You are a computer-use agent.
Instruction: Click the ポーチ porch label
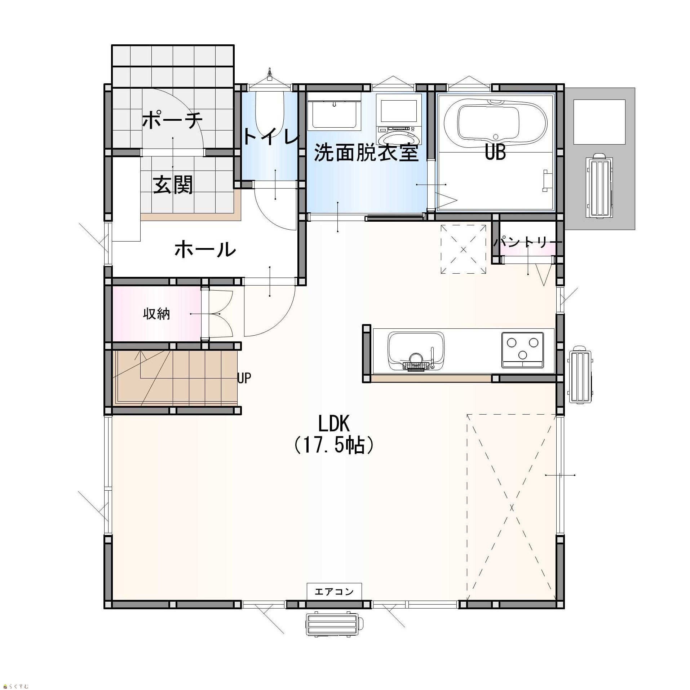point(172,120)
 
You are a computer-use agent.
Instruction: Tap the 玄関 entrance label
point(173,185)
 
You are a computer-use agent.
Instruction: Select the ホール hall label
point(205,249)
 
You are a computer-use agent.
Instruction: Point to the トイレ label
point(271,137)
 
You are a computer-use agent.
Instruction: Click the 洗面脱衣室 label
point(366,152)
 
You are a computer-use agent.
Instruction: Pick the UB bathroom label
point(495,152)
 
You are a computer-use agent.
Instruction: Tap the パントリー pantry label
point(527,242)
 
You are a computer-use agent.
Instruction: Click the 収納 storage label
point(156,314)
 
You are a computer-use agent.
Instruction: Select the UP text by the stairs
point(244,378)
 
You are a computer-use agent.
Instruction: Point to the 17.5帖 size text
point(333,446)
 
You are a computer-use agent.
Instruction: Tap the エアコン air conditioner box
point(334,592)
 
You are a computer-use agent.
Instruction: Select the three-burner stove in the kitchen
point(522,350)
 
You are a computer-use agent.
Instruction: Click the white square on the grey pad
point(599,122)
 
